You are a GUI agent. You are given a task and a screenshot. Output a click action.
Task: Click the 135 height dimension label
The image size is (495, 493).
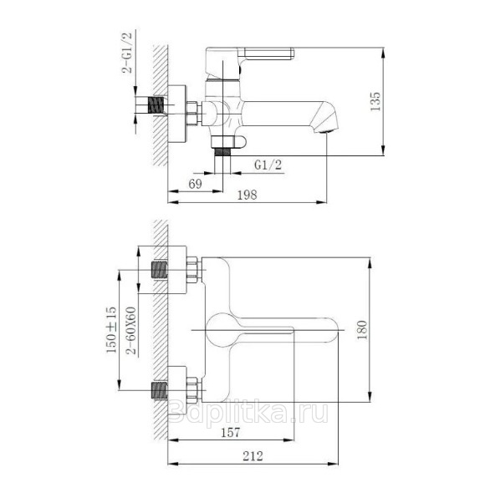tap(375, 101)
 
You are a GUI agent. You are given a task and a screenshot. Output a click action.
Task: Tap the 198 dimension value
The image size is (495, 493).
tap(247, 195)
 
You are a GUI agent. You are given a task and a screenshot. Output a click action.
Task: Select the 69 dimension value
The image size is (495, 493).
tap(195, 184)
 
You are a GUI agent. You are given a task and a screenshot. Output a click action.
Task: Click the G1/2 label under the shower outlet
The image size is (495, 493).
tap(268, 165)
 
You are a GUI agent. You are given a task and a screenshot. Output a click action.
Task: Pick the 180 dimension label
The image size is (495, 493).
tap(362, 329)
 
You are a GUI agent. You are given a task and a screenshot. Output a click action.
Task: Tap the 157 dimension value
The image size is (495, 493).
tap(230, 432)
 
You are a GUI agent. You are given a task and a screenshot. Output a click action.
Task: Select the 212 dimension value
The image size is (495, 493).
tap(253, 455)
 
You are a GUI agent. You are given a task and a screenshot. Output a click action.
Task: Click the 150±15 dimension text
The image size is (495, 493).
tap(111, 329)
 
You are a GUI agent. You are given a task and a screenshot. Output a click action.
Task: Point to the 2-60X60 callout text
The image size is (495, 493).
tap(130, 331)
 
